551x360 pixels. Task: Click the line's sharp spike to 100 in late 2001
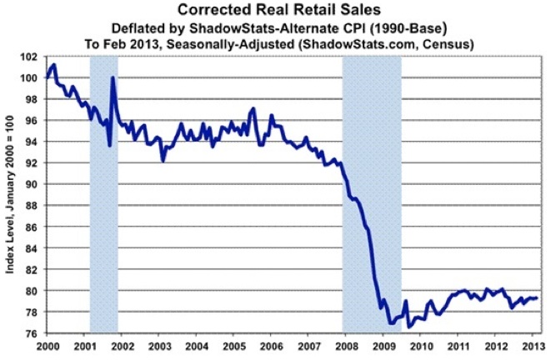tap(112, 78)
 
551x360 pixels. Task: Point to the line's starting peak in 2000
tap(54, 65)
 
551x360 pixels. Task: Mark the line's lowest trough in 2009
tap(389, 323)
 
